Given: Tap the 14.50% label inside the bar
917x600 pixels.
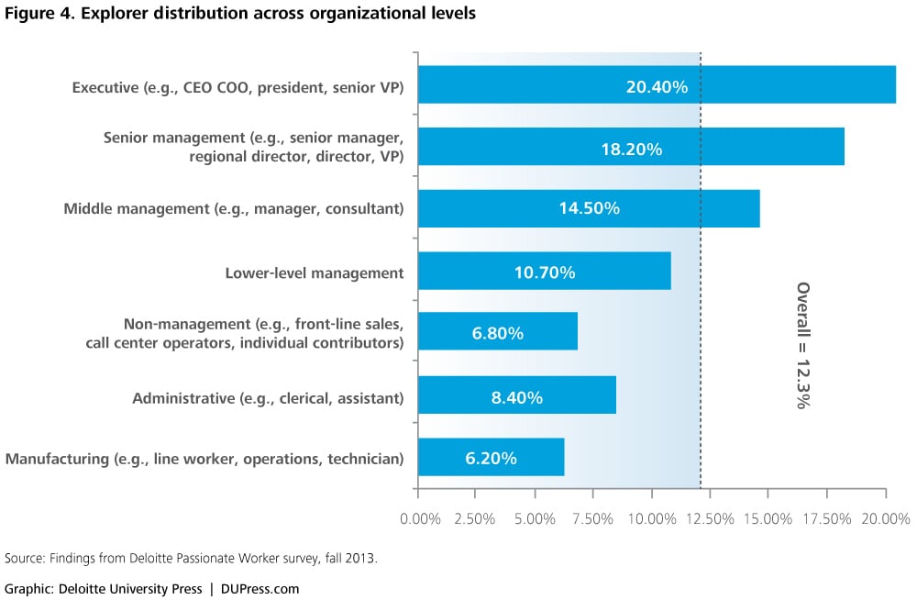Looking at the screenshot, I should pos(589,208).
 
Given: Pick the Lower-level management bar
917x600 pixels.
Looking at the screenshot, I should pos(545,272).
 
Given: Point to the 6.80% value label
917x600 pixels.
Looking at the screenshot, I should pos(498,333).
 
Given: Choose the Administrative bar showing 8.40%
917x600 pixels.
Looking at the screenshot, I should pos(517,397).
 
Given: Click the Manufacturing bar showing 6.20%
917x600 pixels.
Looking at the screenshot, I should pos(491,458).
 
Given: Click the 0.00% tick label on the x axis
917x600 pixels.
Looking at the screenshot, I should pos(421,519).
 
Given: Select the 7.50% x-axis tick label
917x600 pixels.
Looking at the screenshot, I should pos(592,519).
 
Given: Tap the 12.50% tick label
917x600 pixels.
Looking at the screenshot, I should pos(709,519).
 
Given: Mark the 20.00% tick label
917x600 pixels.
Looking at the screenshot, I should pos(885,519).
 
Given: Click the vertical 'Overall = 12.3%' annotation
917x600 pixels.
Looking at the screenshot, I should pos(803,344).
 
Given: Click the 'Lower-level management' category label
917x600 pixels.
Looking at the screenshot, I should pos(315,272).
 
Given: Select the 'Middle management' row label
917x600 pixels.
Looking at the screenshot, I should pos(234,209).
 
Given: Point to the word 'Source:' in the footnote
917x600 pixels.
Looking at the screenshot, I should pos(25,558).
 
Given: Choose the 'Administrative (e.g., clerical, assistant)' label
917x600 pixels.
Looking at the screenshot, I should pos(268,398).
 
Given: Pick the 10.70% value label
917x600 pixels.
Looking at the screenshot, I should pos(545,272).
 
